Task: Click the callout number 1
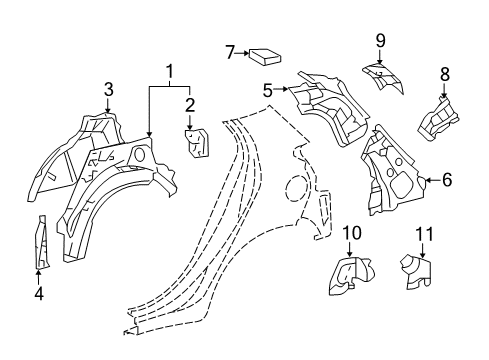(169, 71)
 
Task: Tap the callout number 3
(108, 90)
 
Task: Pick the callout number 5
(268, 90)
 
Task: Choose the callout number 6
(446, 180)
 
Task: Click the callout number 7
(229, 51)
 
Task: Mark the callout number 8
(445, 73)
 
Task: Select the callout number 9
(380, 40)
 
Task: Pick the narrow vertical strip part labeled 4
(40, 241)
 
